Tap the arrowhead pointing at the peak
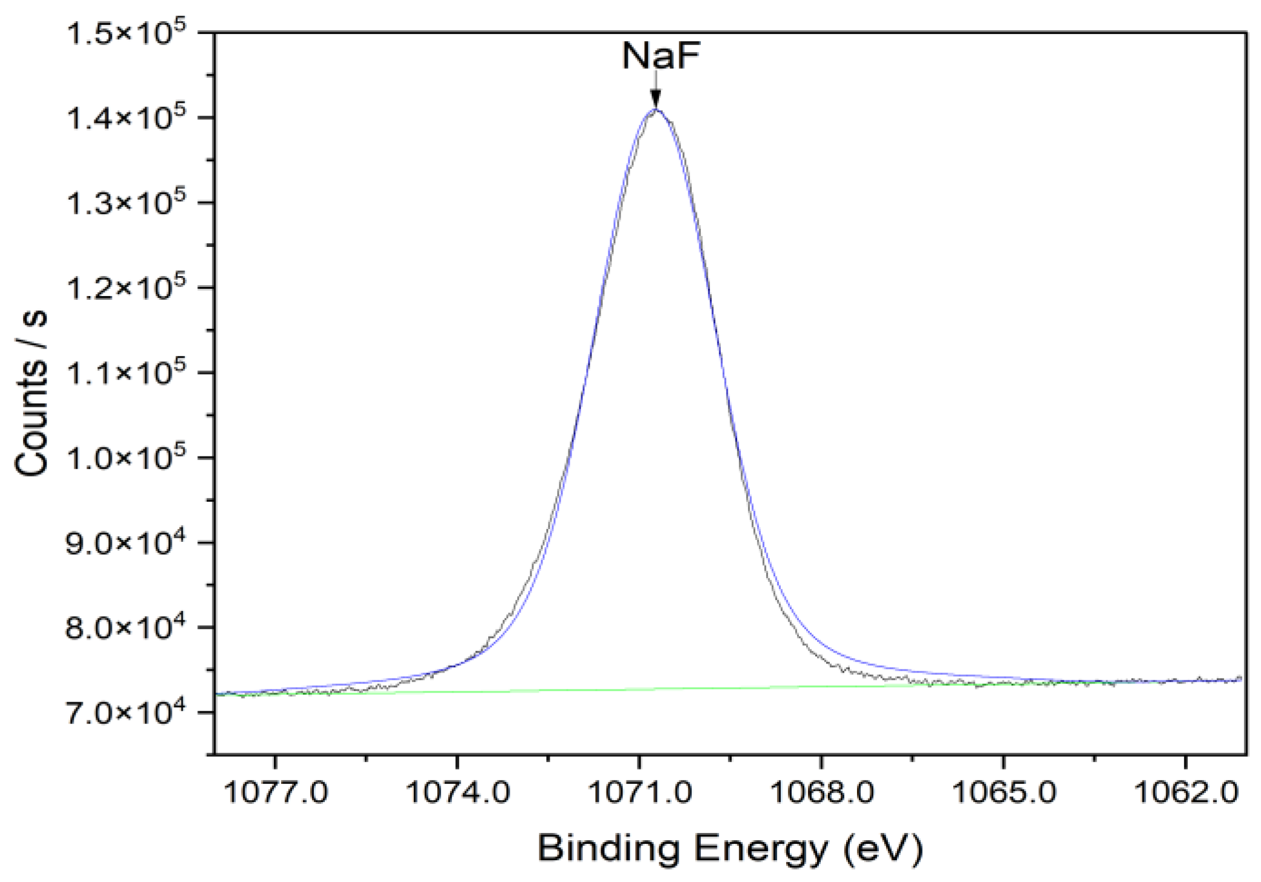[x=656, y=98]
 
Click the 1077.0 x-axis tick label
[x=276, y=791]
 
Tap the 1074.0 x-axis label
[x=458, y=791]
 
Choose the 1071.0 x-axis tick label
[x=639, y=791]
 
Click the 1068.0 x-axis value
[x=821, y=791]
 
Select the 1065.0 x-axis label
[x=1004, y=791]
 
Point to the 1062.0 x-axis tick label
[x=1185, y=791]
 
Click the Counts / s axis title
[x=31, y=393]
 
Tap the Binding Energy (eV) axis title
[x=730, y=849]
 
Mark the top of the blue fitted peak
[x=656, y=110]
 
